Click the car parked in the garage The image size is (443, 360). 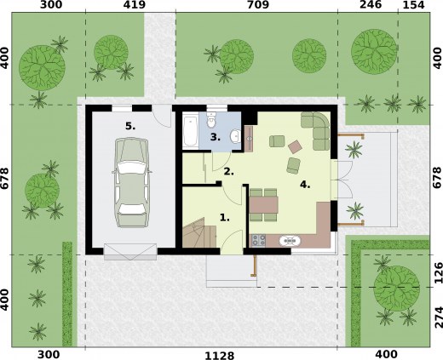pos(132,182)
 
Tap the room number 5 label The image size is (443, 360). pos(130,126)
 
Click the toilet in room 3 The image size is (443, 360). pos(211,120)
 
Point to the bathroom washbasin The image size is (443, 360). pos(235,136)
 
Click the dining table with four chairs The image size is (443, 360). pos(263,204)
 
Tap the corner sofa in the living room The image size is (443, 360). pos(316,130)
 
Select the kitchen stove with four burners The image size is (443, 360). pos(258,240)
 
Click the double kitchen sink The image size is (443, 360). pos(290,241)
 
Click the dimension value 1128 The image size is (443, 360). pos(220,355)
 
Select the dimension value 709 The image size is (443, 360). pos(258,5)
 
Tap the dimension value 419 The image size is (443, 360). pos(135,5)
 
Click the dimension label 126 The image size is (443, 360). pos(439,272)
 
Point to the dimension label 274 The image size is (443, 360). pos(439,317)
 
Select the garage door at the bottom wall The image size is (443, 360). pos(130,252)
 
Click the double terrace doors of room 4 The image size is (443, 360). pos(342,180)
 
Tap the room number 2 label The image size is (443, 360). pos(228,172)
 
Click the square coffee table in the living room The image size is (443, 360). pos(296,146)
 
